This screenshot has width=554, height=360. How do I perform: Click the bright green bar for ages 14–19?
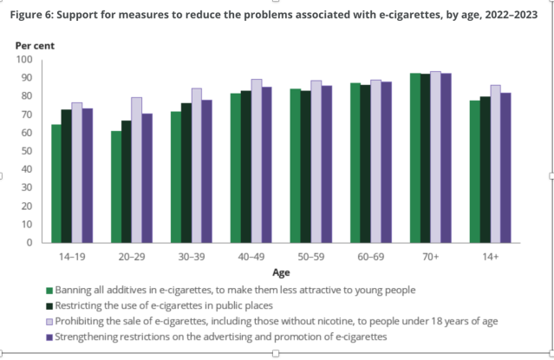[56, 184]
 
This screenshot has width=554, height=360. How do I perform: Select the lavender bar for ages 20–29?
[136, 170]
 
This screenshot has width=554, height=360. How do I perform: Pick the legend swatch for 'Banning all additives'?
[49, 290]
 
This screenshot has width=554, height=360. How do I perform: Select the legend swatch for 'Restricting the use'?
[49, 304]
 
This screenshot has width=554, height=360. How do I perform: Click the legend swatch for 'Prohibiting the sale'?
[49, 320]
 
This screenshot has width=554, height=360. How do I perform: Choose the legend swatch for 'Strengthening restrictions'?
[49, 335]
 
